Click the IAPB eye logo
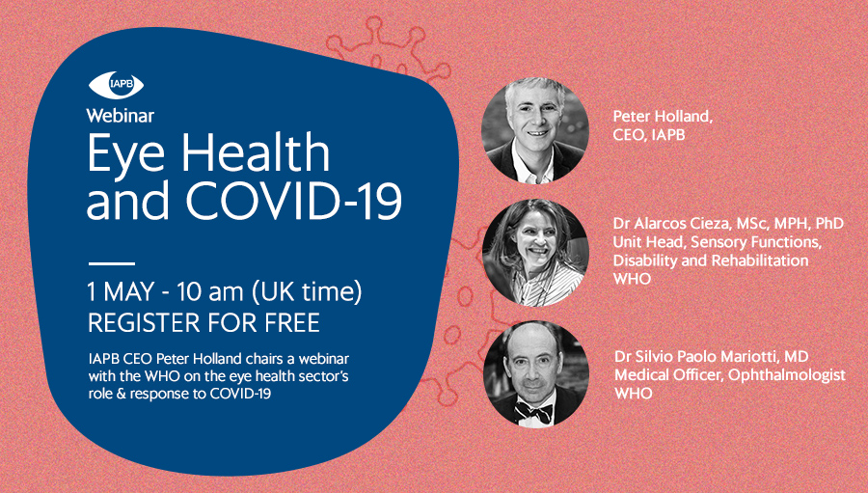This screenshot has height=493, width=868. pos(117,85)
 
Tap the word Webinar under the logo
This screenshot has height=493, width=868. pos(121,115)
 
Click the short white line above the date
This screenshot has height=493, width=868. pos(112,263)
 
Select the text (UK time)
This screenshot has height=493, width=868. pos(308,292)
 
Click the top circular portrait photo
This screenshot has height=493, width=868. pos(535,130)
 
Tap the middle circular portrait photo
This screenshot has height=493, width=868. pos(535,253)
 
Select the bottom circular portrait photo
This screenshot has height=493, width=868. pos(536,374)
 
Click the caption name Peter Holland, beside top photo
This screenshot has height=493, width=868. pos(663,117)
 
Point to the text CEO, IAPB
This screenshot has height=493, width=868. pos(649,135)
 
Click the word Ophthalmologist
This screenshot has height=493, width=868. pos(787,375)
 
